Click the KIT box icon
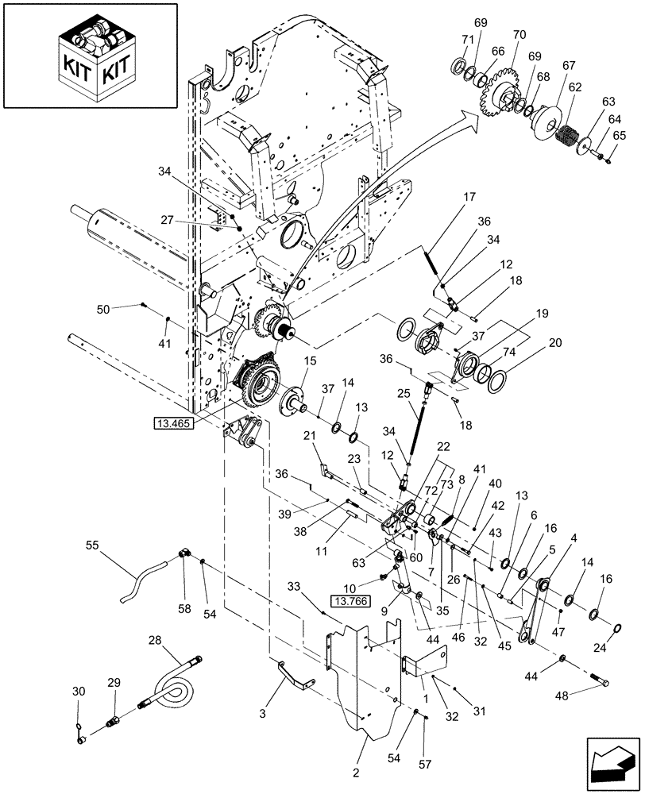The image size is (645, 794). [89, 56]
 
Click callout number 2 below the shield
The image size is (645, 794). [355, 773]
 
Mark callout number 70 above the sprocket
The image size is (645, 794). [520, 35]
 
